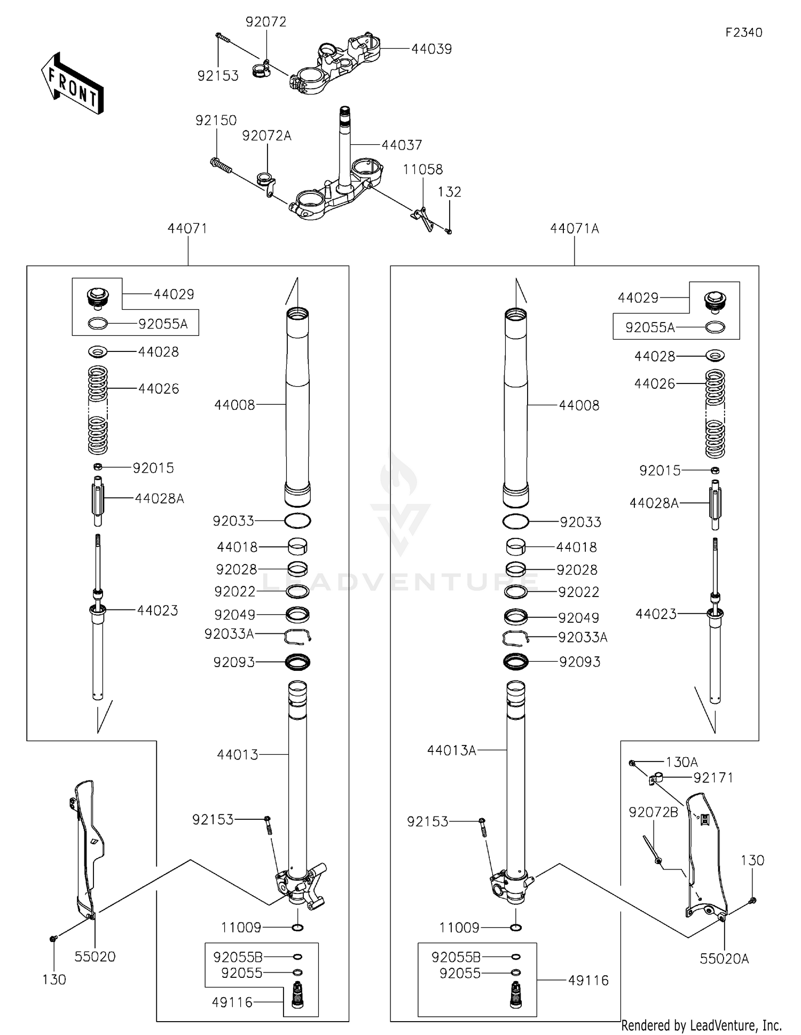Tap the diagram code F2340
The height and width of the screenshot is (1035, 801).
point(743,33)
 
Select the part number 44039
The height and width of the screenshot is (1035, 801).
point(431,49)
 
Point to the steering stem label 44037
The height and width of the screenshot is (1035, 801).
point(402,145)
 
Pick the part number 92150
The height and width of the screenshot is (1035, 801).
point(216,121)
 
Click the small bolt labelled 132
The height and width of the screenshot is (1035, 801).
point(449,231)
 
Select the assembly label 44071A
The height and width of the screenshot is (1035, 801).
point(574,229)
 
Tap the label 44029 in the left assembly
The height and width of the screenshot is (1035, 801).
point(174,294)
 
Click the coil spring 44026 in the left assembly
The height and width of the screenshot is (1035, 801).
point(98,409)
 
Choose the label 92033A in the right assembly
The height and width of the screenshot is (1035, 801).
point(583,638)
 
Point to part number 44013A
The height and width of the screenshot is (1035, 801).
point(451,750)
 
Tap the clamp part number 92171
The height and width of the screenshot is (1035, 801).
point(713,778)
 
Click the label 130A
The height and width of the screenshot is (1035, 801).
point(681,762)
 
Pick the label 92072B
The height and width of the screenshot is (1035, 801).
point(653,812)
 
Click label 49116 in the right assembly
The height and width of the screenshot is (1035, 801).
point(588,981)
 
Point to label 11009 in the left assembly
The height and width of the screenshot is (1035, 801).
point(241,928)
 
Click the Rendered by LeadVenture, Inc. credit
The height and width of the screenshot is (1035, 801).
point(701,1025)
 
